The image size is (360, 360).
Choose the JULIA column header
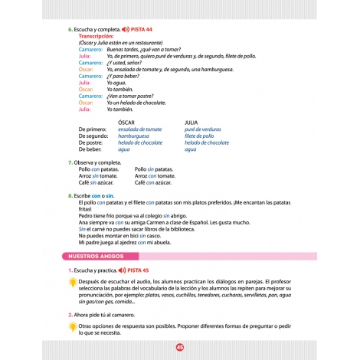(x=192, y=121)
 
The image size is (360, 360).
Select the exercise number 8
(x=70, y=195)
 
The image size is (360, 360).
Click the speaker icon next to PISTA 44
(x=125, y=28)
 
